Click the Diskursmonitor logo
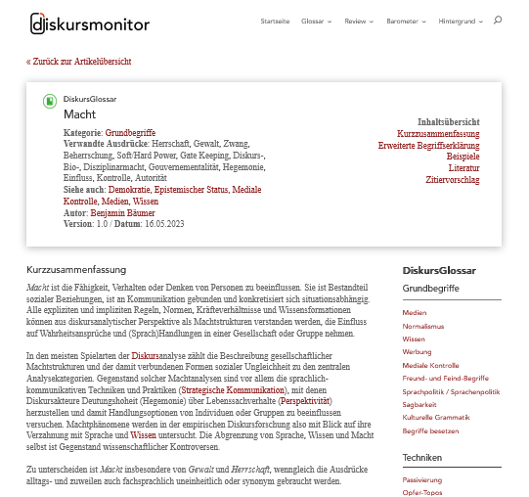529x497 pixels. click(x=82, y=22)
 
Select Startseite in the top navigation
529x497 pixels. click(x=275, y=21)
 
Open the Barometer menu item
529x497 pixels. click(x=403, y=21)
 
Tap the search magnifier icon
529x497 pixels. click(x=498, y=21)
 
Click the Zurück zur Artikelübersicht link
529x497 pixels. click(x=78, y=62)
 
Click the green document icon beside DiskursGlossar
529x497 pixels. click(x=49, y=101)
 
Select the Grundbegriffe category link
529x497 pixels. click(x=130, y=133)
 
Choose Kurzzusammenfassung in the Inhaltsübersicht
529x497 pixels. click(x=438, y=133)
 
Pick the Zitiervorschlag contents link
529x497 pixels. click(x=453, y=180)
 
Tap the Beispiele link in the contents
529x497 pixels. click(x=463, y=157)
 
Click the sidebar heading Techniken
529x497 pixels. click(x=422, y=457)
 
